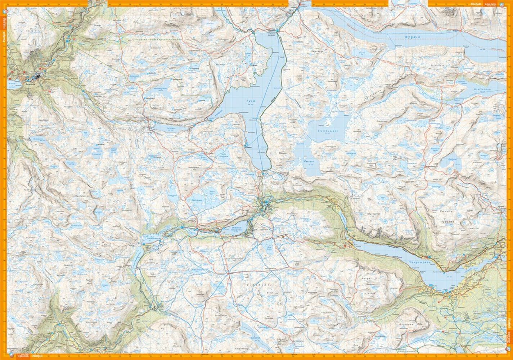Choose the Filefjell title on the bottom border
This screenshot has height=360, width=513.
click(x=37, y=356)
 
